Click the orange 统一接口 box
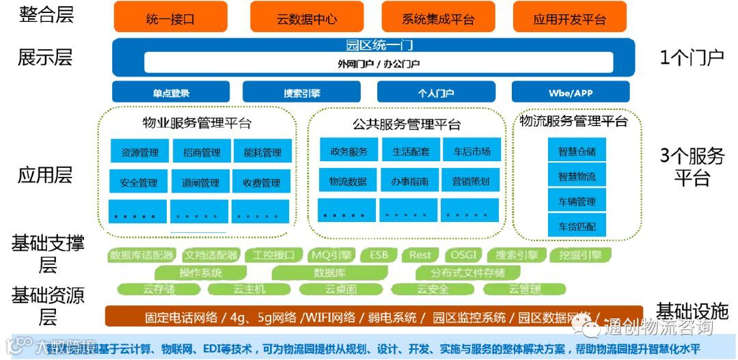coord(170,18)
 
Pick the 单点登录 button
coord(171,92)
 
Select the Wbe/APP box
coord(571,92)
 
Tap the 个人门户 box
coord(436,92)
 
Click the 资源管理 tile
coord(139,152)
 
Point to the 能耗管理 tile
coord(262,152)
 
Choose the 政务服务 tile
coord(348,151)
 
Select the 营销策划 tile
coord(469,181)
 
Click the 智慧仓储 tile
coord(577,151)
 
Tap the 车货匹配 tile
coord(577,225)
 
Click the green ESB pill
coord(379,255)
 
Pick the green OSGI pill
coord(464,255)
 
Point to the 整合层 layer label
coord(46,14)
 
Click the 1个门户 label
coord(691,57)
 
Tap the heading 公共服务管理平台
coord(407,124)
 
